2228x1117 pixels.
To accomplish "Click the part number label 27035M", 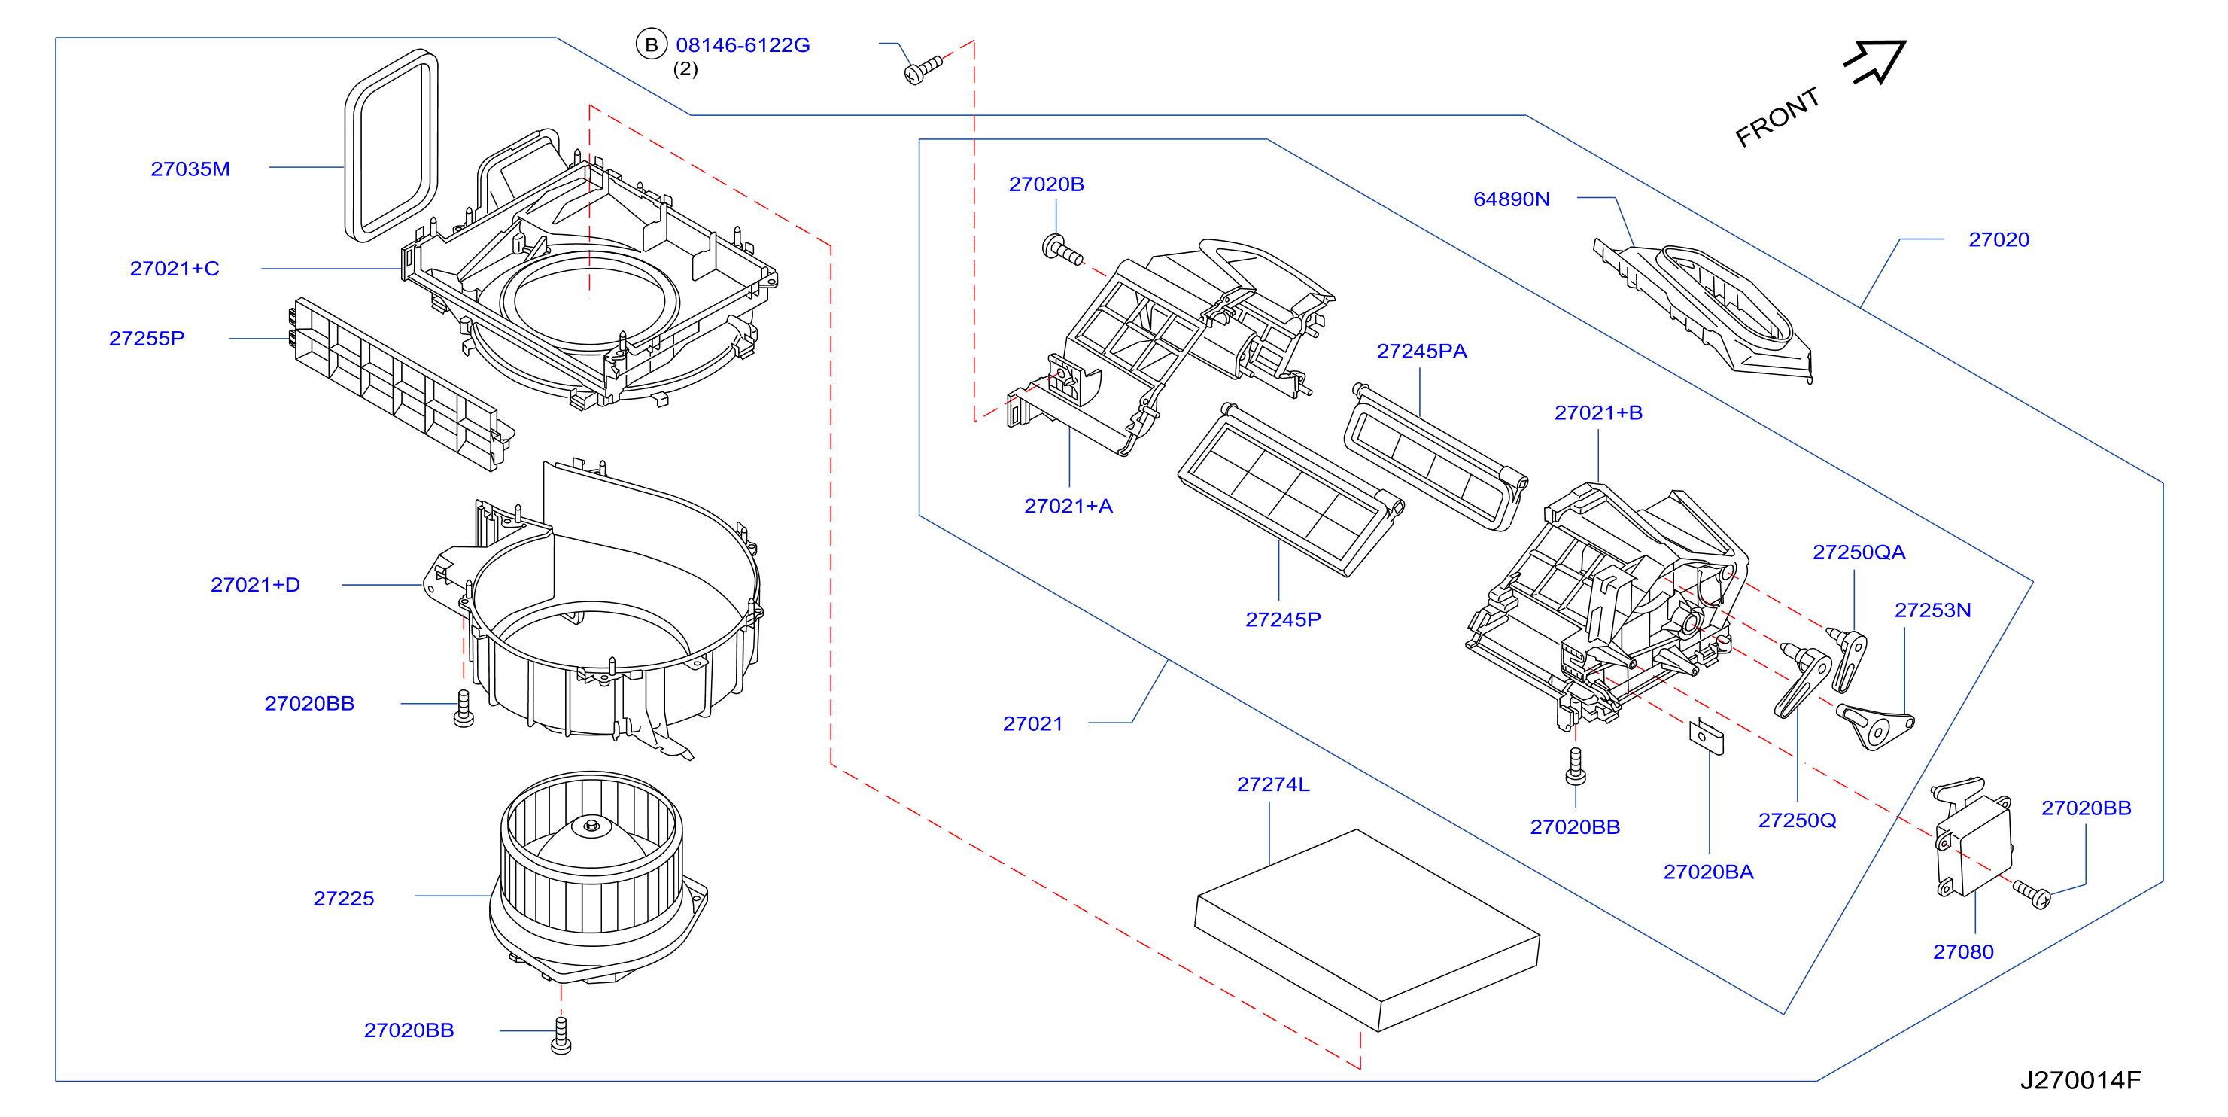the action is point(190,169).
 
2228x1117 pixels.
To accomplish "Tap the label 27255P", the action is point(146,338).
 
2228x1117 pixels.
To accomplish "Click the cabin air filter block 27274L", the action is point(1366,930).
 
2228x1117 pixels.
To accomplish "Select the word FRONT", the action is point(1777,117).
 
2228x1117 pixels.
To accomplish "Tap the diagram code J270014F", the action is point(2080,1080).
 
